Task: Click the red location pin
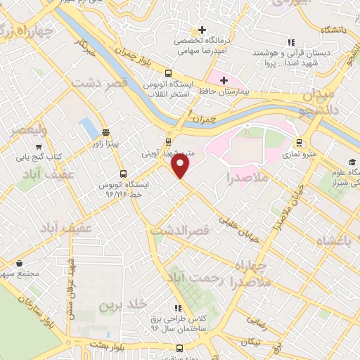coord(181,166)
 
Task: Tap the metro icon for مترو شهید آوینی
coord(169,141)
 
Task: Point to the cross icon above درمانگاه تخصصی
coord(202,30)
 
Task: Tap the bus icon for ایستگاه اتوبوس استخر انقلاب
coord(168,73)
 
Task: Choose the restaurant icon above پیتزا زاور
coord(105,132)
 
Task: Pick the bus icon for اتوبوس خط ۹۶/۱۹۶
coord(123,174)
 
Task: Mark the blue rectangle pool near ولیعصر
coord(89,129)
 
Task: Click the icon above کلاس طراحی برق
coord(179,307)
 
